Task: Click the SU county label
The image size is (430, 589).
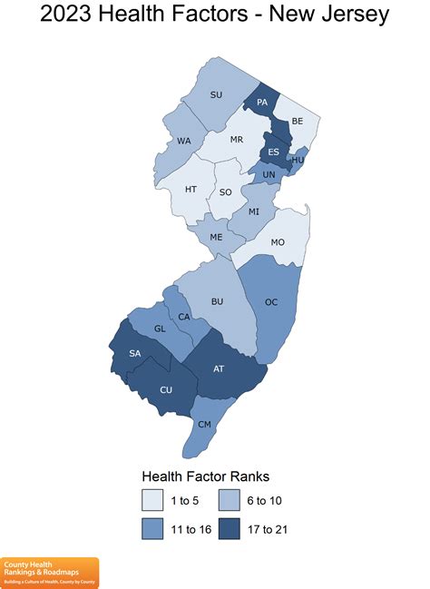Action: [x=216, y=94]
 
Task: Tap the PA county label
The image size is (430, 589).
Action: [x=261, y=103]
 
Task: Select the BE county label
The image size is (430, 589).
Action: [x=298, y=119]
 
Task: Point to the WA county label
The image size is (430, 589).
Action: [x=184, y=141]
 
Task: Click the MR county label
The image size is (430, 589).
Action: [x=236, y=140]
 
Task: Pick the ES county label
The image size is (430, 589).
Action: [x=273, y=152]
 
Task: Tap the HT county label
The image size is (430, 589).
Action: [x=191, y=189]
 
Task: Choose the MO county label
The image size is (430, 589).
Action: [x=278, y=242]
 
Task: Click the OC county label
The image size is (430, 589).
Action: [x=271, y=301]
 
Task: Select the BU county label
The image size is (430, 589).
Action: [x=217, y=300]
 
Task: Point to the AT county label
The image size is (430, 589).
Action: [x=219, y=368]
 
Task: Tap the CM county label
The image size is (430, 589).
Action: [x=204, y=425]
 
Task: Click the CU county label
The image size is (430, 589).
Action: [x=165, y=390]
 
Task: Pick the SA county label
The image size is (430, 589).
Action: [x=135, y=353]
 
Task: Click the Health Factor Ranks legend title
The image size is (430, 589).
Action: [x=205, y=476]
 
